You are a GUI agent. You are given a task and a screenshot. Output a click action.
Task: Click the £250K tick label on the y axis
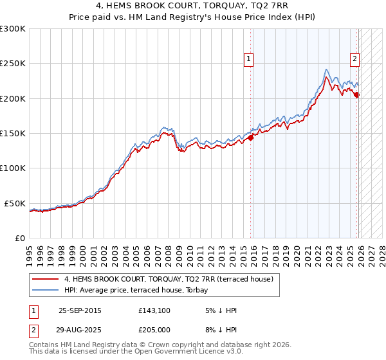13,64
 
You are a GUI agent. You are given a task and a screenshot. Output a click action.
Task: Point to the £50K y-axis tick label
15,203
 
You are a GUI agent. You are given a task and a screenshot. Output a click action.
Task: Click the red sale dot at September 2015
251,138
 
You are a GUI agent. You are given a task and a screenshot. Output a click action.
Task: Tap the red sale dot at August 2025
357,94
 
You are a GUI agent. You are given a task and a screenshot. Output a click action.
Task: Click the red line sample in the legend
45,279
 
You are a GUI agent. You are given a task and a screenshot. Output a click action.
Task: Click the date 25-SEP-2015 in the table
80,310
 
